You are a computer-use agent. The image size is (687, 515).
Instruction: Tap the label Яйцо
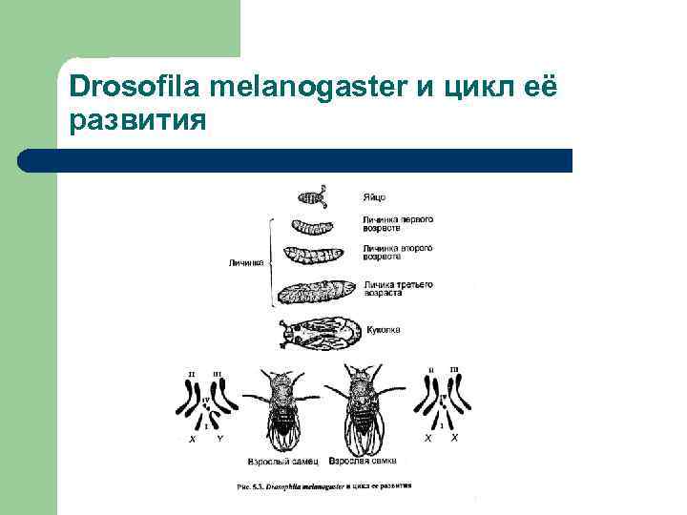coord(374,198)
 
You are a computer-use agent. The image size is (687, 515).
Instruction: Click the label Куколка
coord(384,330)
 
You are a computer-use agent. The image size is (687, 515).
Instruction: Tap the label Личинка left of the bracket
coord(246,260)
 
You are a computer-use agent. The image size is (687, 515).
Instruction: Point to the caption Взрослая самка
coord(360,461)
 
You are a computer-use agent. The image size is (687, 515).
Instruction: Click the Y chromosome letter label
coord(219,439)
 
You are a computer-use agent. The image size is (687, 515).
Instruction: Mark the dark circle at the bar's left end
coord(30,160)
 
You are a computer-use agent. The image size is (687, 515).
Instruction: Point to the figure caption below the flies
coord(323,485)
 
